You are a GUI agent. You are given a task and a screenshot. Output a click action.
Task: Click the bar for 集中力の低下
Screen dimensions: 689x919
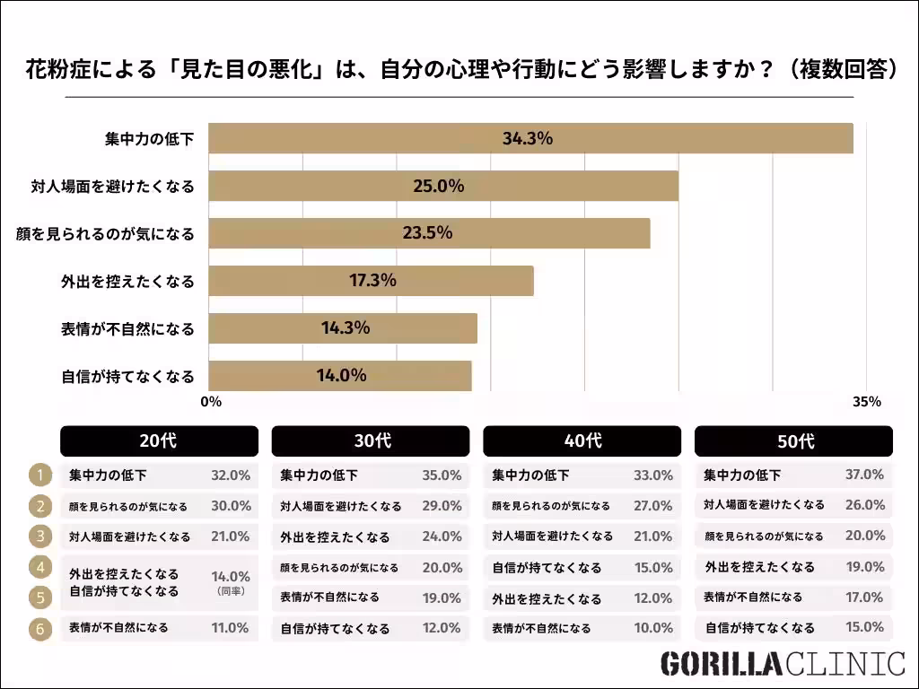pos(530,139)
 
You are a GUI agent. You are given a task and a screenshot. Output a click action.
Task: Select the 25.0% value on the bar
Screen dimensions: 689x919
pos(438,187)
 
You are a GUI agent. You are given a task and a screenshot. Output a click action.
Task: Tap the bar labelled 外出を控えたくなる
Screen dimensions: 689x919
pos(372,281)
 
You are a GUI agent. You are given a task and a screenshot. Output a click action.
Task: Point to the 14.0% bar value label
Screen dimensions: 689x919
pos(341,376)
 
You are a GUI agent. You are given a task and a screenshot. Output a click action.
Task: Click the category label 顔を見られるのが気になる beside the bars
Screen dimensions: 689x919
pos(105,234)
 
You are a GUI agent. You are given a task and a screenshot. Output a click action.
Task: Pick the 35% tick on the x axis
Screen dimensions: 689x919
pos(867,402)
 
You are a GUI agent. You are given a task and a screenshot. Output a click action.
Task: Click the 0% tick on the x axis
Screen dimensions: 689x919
pos(211,402)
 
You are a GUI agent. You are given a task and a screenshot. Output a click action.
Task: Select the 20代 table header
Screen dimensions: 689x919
pos(159,441)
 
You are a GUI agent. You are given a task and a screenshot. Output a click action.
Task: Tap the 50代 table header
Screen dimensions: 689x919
pos(794,441)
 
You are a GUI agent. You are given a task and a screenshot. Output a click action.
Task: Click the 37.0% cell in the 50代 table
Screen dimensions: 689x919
pos(864,475)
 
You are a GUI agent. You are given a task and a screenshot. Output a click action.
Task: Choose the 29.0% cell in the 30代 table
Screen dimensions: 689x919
pos(442,506)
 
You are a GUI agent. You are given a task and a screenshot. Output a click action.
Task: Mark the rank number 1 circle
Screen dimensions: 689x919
pos(40,475)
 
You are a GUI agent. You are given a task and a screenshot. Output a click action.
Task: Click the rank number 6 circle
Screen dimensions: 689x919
pos(40,629)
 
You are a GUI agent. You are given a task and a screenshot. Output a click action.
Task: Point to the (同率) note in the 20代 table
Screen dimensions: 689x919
pos(231,592)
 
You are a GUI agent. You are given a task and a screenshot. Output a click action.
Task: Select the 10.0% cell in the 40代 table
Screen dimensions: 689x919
pos(652,629)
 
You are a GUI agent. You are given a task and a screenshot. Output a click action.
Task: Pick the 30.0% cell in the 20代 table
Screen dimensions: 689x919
pos(230,506)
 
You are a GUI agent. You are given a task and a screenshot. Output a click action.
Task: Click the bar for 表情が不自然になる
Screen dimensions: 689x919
pos(343,328)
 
